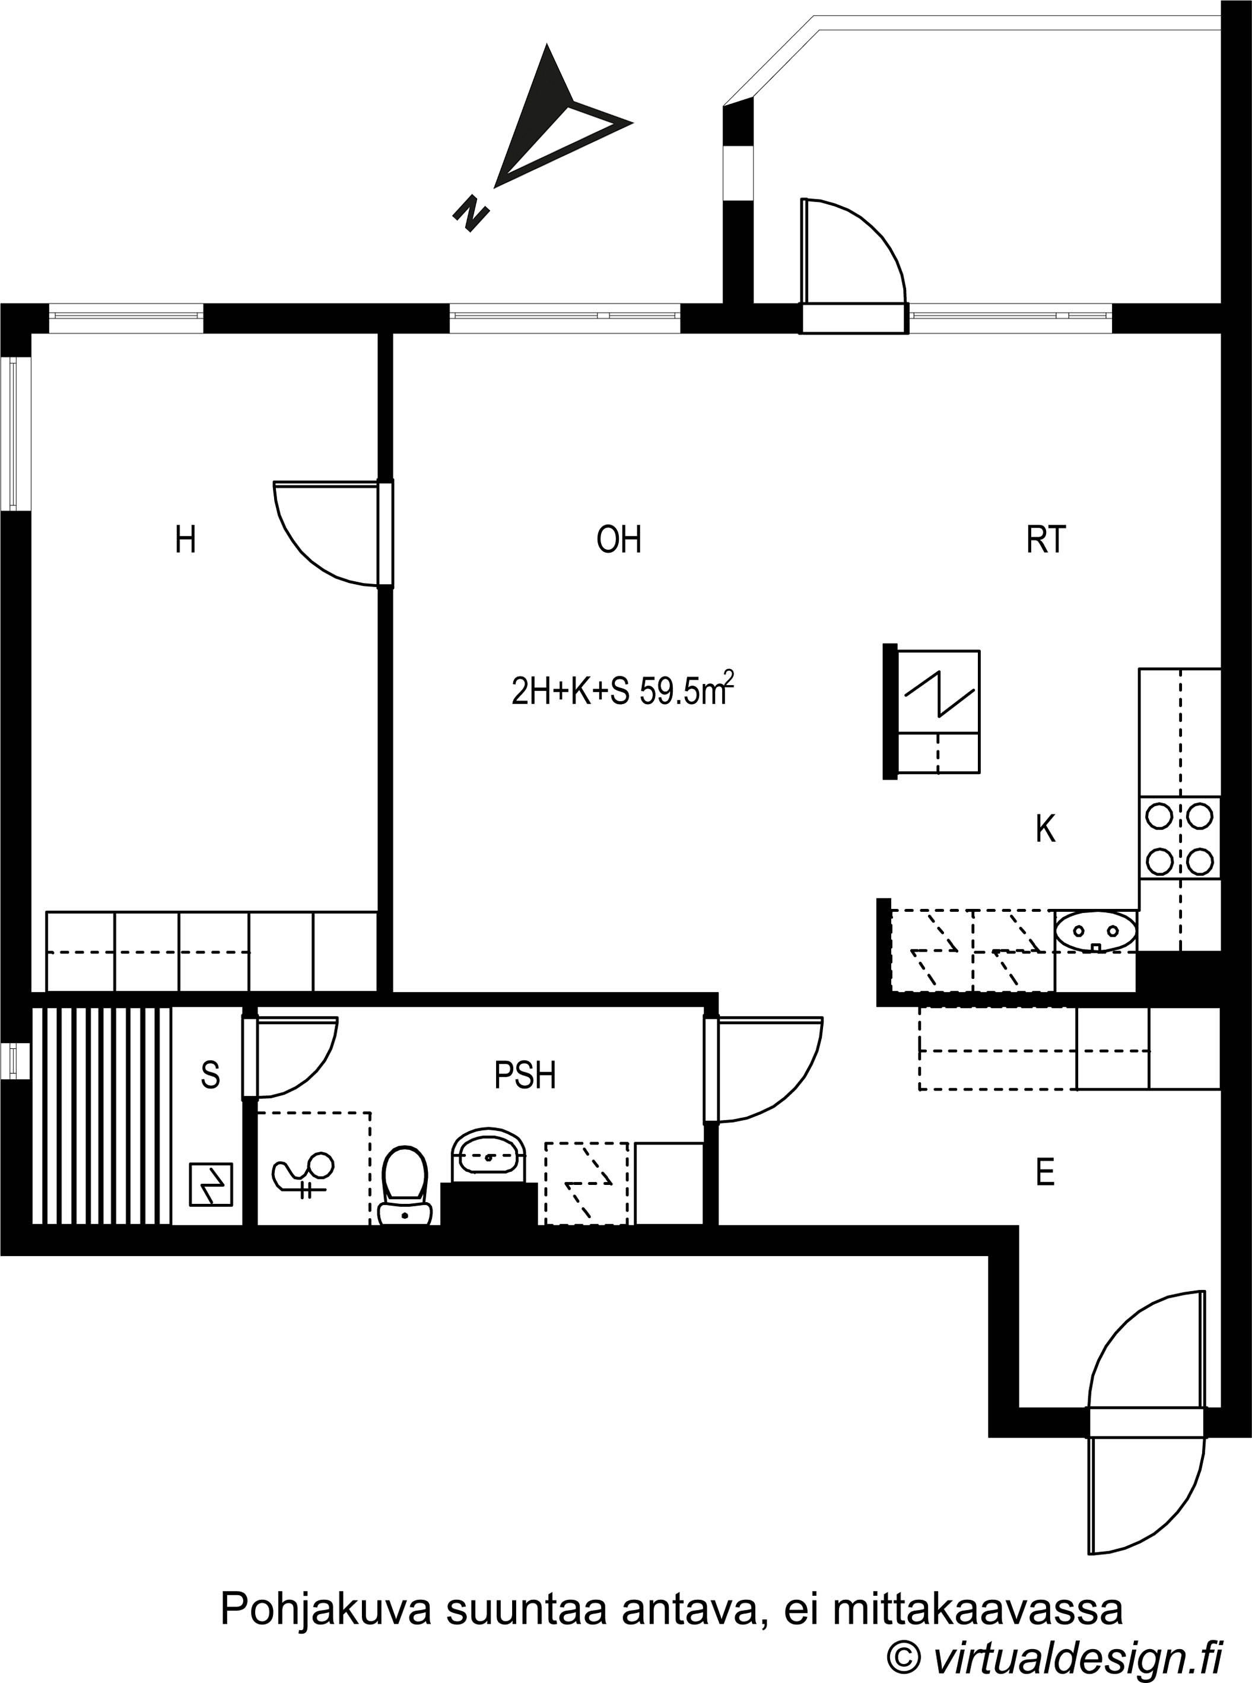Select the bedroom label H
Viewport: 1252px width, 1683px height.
[186, 540]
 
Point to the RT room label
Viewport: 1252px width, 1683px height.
[1046, 540]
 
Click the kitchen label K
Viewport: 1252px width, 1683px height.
[1046, 829]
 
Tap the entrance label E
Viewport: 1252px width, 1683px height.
[1045, 1173]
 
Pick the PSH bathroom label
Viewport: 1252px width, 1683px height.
[525, 1075]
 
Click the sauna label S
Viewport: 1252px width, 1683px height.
[211, 1075]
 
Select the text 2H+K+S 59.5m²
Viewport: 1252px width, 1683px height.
[623, 689]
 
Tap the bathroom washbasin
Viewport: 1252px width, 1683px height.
[489, 1157]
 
